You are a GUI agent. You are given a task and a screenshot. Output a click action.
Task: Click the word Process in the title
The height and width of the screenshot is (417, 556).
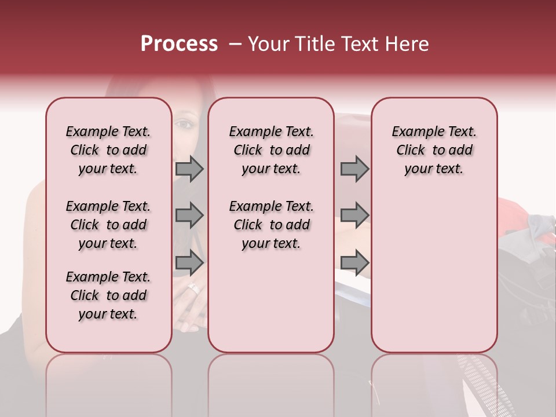179,44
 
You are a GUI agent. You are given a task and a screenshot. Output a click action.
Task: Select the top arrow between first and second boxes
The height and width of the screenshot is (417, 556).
189,169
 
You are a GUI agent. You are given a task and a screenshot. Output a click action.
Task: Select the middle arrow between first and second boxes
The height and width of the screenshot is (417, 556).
189,215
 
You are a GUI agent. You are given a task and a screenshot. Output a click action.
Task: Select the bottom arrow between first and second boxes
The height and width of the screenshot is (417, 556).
189,262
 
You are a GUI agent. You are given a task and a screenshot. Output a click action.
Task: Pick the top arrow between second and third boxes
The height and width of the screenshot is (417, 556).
354,169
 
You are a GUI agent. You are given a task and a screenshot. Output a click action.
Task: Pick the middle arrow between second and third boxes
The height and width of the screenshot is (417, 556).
354,215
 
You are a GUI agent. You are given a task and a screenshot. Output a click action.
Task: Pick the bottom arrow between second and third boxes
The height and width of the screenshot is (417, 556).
354,262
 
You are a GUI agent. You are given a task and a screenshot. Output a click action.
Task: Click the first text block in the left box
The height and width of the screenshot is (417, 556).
108,150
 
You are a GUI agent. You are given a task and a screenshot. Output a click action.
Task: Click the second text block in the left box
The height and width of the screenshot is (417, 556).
108,225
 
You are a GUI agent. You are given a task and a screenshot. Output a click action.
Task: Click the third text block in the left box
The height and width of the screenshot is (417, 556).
108,295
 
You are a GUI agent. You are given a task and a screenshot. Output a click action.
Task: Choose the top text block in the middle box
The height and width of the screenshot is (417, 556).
271,150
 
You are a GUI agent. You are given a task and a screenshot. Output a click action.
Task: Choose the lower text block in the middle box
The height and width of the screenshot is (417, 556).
271,225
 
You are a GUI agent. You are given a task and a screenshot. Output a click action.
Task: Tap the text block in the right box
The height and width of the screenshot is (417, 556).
434,150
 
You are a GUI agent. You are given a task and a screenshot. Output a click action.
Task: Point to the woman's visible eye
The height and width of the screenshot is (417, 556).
184,124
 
